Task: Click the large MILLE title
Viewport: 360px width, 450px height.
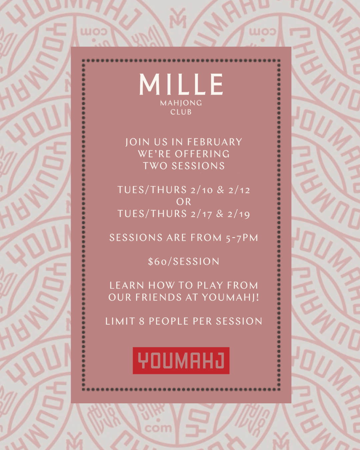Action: [181, 84]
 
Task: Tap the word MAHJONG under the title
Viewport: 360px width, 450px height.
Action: [181, 103]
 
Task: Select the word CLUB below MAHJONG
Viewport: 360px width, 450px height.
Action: [181, 112]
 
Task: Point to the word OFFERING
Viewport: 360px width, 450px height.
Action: [202, 154]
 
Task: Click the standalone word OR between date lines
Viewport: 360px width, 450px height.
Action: [184, 202]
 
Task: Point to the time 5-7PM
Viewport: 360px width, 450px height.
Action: [242, 238]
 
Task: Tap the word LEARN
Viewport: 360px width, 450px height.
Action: [127, 286]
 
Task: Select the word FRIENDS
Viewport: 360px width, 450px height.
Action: [158, 297]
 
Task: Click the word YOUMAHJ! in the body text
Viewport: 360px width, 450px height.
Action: [230, 297]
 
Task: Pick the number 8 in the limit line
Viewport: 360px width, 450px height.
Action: [142, 321]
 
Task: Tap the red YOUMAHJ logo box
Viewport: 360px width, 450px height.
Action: [181, 360]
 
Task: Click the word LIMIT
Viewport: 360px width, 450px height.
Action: [120, 321]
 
